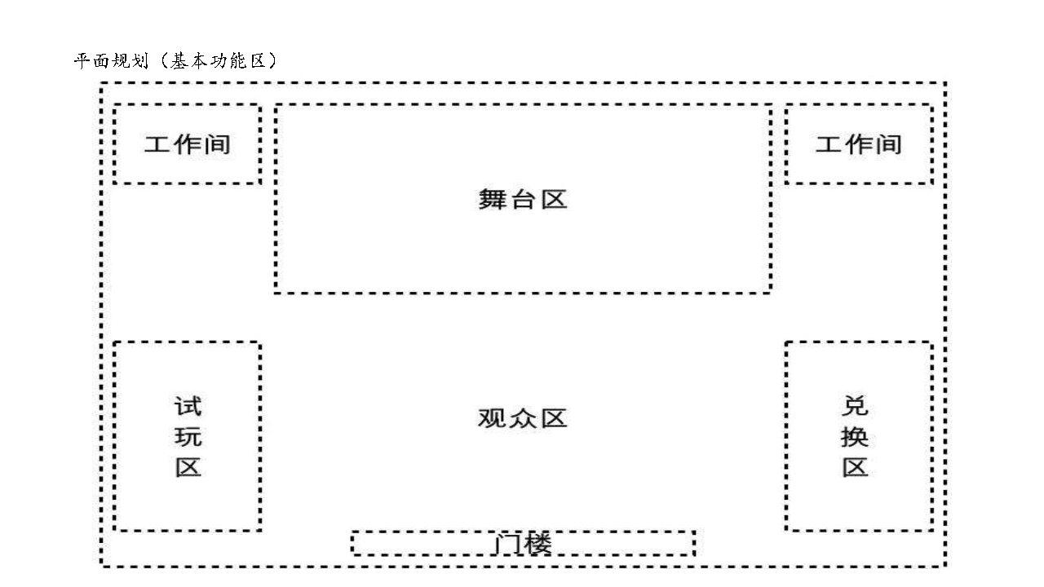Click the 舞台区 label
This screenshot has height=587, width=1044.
tap(523, 200)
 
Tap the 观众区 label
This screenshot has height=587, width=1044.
tap(523, 418)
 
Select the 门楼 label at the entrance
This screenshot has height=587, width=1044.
tap(523, 544)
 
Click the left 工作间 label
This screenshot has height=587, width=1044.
tap(188, 144)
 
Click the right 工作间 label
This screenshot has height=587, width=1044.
tap(859, 144)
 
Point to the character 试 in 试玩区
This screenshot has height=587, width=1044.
tap(188, 406)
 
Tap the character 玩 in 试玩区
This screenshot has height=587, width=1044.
tap(188, 437)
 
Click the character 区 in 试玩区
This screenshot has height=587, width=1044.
tap(188, 467)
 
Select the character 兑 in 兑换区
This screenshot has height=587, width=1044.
tap(855, 405)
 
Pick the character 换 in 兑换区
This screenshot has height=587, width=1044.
tap(855, 437)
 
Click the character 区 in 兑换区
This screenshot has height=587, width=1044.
tap(856, 467)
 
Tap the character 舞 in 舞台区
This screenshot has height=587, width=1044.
tap(493, 200)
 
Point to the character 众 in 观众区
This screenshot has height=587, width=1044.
tap(523, 418)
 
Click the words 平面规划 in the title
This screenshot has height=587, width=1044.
tap(112, 61)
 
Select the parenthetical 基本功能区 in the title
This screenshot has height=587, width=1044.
tap(218, 61)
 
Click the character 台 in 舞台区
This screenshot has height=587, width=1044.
tap(523, 201)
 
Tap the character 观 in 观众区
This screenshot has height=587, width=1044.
tap(492, 418)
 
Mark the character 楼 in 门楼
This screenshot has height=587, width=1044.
tap(537, 544)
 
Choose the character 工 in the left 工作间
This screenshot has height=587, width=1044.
tap(157, 144)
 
